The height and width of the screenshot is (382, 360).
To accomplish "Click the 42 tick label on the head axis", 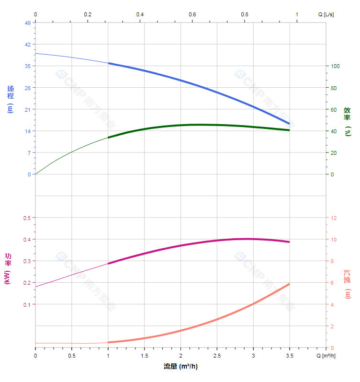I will tap(27, 44).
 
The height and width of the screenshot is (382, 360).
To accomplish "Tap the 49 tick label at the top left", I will tap(27, 23).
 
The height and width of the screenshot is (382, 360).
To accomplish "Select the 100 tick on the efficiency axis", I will tap(336, 66).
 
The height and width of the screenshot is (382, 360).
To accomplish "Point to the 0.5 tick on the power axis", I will tap(27, 218).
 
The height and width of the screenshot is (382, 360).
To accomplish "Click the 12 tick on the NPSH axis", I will tap(334, 218).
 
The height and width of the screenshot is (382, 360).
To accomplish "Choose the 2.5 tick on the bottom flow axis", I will tap(217, 356).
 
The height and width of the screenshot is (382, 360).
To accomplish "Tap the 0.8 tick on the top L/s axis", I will tap(245, 14).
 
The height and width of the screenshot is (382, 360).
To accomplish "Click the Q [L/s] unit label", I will tap(326, 14).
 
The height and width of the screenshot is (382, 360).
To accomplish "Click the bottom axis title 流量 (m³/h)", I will tap(180, 367).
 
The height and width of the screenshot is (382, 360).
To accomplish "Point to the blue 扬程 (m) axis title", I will tap(11, 99).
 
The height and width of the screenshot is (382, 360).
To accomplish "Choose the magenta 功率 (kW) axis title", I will tap(8, 268).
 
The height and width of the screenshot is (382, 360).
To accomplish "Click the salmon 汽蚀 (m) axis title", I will tap(348, 284).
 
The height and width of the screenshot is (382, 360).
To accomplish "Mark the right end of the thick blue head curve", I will tap(289, 124).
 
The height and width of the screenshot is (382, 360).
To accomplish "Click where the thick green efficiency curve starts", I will tap(109, 138).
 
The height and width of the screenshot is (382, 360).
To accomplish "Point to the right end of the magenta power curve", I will tap(289, 242).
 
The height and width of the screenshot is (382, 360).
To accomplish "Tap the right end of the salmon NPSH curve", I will tap(289, 284).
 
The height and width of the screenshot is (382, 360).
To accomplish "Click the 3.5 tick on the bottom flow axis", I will tap(289, 356).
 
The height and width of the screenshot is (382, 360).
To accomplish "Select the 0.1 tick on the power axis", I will tap(27, 304).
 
